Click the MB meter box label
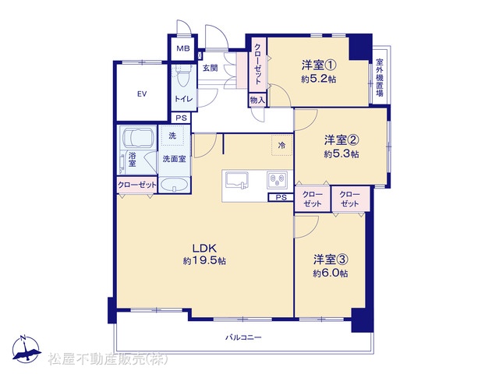pos(183,48)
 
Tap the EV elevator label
pos(142,93)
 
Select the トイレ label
pos(184,99)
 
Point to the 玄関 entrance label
pos(210,68)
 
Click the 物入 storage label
pos(257,101)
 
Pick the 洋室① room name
pos(319,65)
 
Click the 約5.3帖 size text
pos(342,154)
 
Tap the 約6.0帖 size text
pos(331,273)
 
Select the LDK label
pos(204,248)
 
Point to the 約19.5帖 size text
pos(204,261)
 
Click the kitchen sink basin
pos(237,180)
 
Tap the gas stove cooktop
pos(278,180)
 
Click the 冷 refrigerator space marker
pos(281,146)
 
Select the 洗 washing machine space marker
pos(172,136)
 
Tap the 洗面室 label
pos(174,159)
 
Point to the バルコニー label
pos(243,337)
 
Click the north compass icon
pos(26,349)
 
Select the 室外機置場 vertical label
pos(380,77)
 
